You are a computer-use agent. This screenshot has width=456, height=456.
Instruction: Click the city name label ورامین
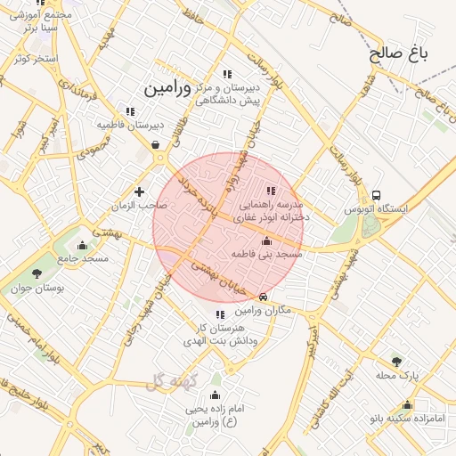pos(167,88)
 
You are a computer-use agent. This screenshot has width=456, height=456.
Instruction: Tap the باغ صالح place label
pos(400,53)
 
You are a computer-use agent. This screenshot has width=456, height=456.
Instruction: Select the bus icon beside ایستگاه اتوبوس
pos(377,195)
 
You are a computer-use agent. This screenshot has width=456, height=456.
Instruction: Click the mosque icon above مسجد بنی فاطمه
pos(266,240)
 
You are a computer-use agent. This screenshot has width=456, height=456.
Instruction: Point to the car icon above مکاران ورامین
pos(262,297)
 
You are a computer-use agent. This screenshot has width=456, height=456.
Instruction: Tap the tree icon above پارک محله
pos(396,361)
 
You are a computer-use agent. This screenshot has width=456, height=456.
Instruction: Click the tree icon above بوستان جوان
pos(37,273)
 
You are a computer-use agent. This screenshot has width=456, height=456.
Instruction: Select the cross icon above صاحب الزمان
pos(139,191)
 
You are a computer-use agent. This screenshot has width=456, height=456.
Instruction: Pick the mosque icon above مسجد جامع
pos(83,244)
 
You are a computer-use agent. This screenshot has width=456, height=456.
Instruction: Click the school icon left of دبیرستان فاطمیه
pos(130,111)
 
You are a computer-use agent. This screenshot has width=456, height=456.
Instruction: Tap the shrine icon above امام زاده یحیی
pos(214,395)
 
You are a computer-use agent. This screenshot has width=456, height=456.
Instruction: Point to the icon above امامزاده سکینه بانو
pos(407,404)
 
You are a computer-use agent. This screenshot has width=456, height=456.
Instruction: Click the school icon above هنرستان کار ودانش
pos(219,314)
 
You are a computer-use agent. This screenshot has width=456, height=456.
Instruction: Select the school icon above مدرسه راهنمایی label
pos(271,190)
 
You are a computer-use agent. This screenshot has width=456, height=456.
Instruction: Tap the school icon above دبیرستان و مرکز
pos(228,74)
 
